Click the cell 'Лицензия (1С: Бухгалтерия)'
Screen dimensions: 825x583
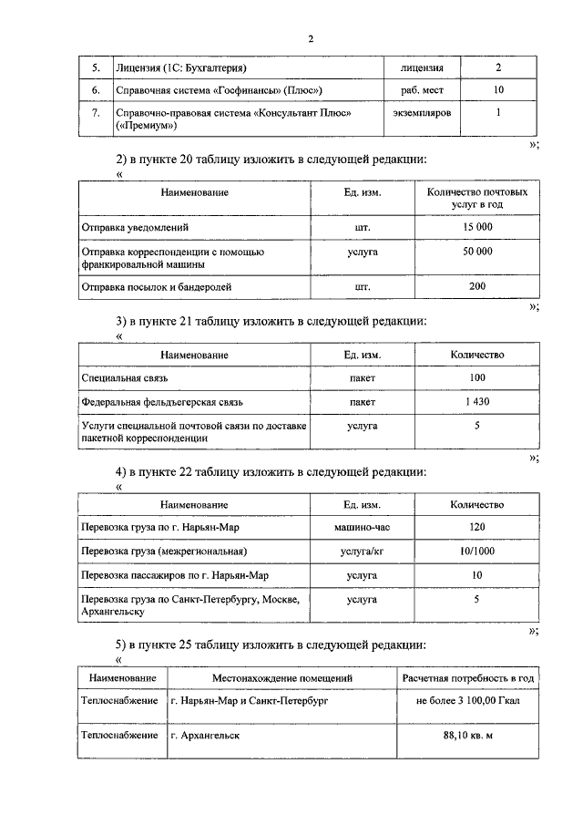pyautogui.click(x=182, y=68)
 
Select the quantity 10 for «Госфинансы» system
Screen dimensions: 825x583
pyautogui.click(x=497, y=90)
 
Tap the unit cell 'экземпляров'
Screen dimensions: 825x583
pyautogui.click(x=422, y=112)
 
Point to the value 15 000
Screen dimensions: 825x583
pyautogui.click(x=477, y=227)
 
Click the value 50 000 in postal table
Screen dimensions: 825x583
pyautogui.click(x=477, y=251)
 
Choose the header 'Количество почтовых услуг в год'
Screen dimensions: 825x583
pyautogui.click(x=477, y=199)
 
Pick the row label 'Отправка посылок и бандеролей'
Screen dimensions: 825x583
pyautogui.click(x=157, y=286)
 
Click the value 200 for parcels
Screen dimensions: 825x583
pyautogui.click(x=477, y=286)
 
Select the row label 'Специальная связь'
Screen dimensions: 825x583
pyautogui.click(x=125, y=377)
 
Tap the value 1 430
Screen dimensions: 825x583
pyautogui.click(x=477, y=401)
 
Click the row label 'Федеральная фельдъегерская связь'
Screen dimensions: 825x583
pyautogui.click(x=162, y=401)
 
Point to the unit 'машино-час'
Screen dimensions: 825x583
pyautogui.click(x=362, y=528)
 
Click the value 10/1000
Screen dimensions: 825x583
pyautogui.click(x=477, y=552)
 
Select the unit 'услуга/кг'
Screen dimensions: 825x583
pyautogui.click(x=362, y=552)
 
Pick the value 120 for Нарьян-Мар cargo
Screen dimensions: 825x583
pyautogui.click(x=477, y=528)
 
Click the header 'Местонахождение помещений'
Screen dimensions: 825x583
pyautogui.click(x=282, y=678)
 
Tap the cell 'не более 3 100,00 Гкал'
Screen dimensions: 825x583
pyautogui.click(x=467, y=704)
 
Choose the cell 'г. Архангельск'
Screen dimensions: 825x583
pyautogui.click(x=205, y=736)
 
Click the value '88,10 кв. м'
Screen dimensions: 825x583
pyautogui.click(x=467, y=736)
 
